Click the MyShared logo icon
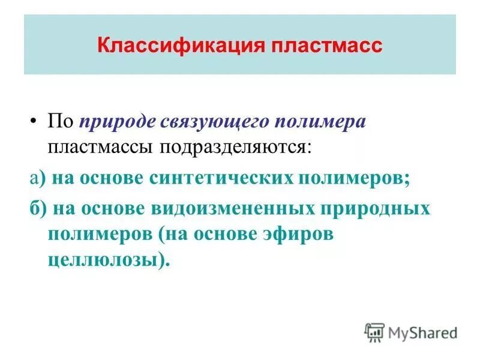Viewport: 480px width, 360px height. click(374, 331)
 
